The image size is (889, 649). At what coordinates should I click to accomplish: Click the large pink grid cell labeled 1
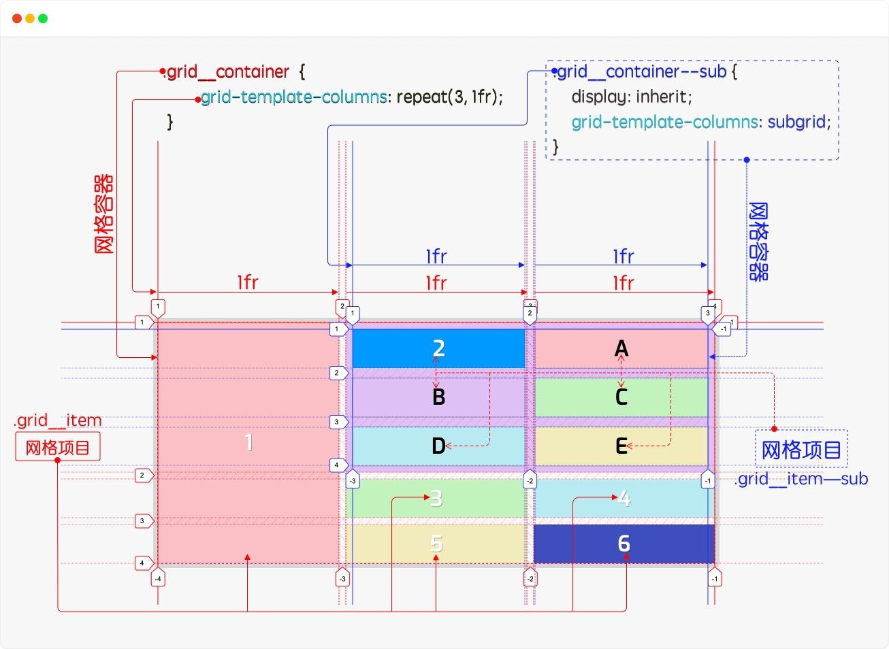click(248, 442)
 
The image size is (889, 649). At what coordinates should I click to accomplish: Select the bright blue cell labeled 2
click(438, 348)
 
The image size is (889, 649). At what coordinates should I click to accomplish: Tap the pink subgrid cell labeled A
click(621, 348)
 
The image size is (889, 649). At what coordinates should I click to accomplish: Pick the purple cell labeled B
click(438, 397)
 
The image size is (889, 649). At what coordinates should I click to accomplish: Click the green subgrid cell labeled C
click(621, 397)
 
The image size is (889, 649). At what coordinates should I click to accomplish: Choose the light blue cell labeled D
click(438, 446)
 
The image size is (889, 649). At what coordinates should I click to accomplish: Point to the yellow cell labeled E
click(621, 446)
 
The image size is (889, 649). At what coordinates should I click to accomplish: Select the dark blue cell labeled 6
click(624, 544)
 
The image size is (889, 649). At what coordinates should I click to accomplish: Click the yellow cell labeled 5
click(436, 544)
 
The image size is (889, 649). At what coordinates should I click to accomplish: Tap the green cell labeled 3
click(436, 498)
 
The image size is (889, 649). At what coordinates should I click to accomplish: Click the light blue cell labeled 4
click(624, 498)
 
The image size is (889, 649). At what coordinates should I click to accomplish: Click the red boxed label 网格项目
click(58, 448)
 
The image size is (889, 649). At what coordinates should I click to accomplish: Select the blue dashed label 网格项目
click(801, 449)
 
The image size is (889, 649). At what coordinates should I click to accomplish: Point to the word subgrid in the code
click(798, 122)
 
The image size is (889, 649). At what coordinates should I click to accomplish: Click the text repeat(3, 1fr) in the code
click(449, 97)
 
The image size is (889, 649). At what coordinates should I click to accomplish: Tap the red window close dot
click(17, 18)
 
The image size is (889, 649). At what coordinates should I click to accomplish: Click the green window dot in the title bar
click(43, 18)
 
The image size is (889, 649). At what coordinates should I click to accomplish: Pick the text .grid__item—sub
click(801, 479)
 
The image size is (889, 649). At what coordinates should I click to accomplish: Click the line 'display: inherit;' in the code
click(631, 97)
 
